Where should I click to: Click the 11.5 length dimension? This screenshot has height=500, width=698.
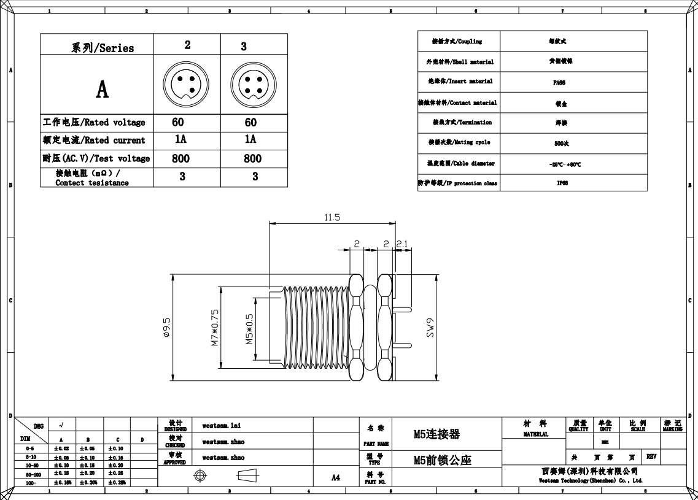(332, 218)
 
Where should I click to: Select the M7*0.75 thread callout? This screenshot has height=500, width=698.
(215, 328)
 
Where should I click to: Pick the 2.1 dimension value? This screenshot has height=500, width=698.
(402, 244)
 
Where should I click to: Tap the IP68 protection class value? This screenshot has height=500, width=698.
(562, 183)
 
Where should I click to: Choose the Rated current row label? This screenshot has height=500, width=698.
(94, 140)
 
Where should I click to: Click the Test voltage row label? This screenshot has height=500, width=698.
(96, 158)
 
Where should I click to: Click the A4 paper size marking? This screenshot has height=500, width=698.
(336, 477)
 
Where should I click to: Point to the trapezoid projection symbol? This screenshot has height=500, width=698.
(247, 475)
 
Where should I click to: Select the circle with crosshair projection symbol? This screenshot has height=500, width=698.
(200, 476)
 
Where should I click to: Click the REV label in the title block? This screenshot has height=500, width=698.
(651, 456)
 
